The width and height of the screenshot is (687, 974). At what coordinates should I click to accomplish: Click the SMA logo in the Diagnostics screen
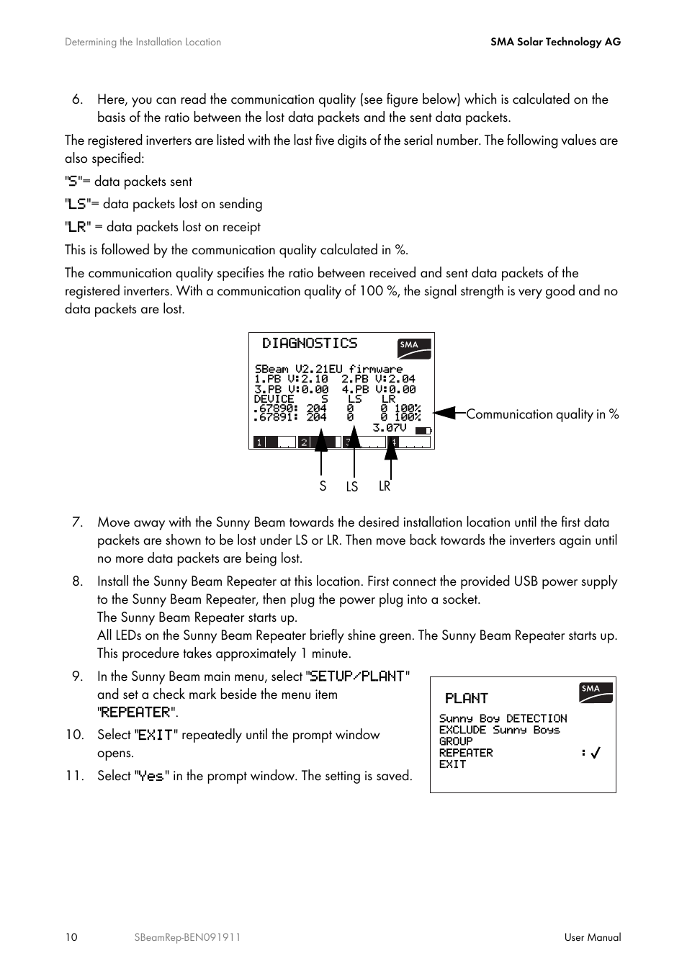[x=414, y=348]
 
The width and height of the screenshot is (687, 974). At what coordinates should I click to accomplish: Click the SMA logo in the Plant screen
[x=596, y=692]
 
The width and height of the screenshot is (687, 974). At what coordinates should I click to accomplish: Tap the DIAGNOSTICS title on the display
[x=310, y=344]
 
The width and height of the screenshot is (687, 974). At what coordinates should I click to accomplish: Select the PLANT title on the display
[x=467, y=698]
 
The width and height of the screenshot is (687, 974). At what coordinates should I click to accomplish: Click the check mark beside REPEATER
[x=596, y=753]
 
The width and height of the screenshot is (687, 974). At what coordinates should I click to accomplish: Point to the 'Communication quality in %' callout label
[x=542, y=414]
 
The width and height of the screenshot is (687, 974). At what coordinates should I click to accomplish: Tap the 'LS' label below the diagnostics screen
[x=351, y=487]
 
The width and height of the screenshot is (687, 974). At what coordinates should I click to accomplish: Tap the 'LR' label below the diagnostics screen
[x=385, y=486]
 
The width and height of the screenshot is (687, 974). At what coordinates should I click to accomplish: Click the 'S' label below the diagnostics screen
[x=323, y=486]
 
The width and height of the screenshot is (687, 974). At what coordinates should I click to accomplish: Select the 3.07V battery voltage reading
[x=390, y=428]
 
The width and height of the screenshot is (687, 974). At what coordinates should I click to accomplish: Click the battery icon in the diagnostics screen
[x=423, y=431]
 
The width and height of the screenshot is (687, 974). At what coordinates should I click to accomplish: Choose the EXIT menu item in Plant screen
[x=452, y=764]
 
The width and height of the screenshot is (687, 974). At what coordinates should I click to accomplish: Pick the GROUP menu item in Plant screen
[x=456, y=741]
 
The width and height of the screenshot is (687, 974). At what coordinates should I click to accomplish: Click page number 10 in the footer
[x=71, y=937]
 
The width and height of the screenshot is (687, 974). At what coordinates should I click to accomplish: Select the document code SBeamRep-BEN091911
[x=187, y=937]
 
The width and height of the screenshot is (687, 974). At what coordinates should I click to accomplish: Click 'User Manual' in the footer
[x=592, y=937]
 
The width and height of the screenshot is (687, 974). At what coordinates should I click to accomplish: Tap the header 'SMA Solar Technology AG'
[x=555, y=42]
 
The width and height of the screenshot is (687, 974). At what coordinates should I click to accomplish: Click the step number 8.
[x=77, y=581]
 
